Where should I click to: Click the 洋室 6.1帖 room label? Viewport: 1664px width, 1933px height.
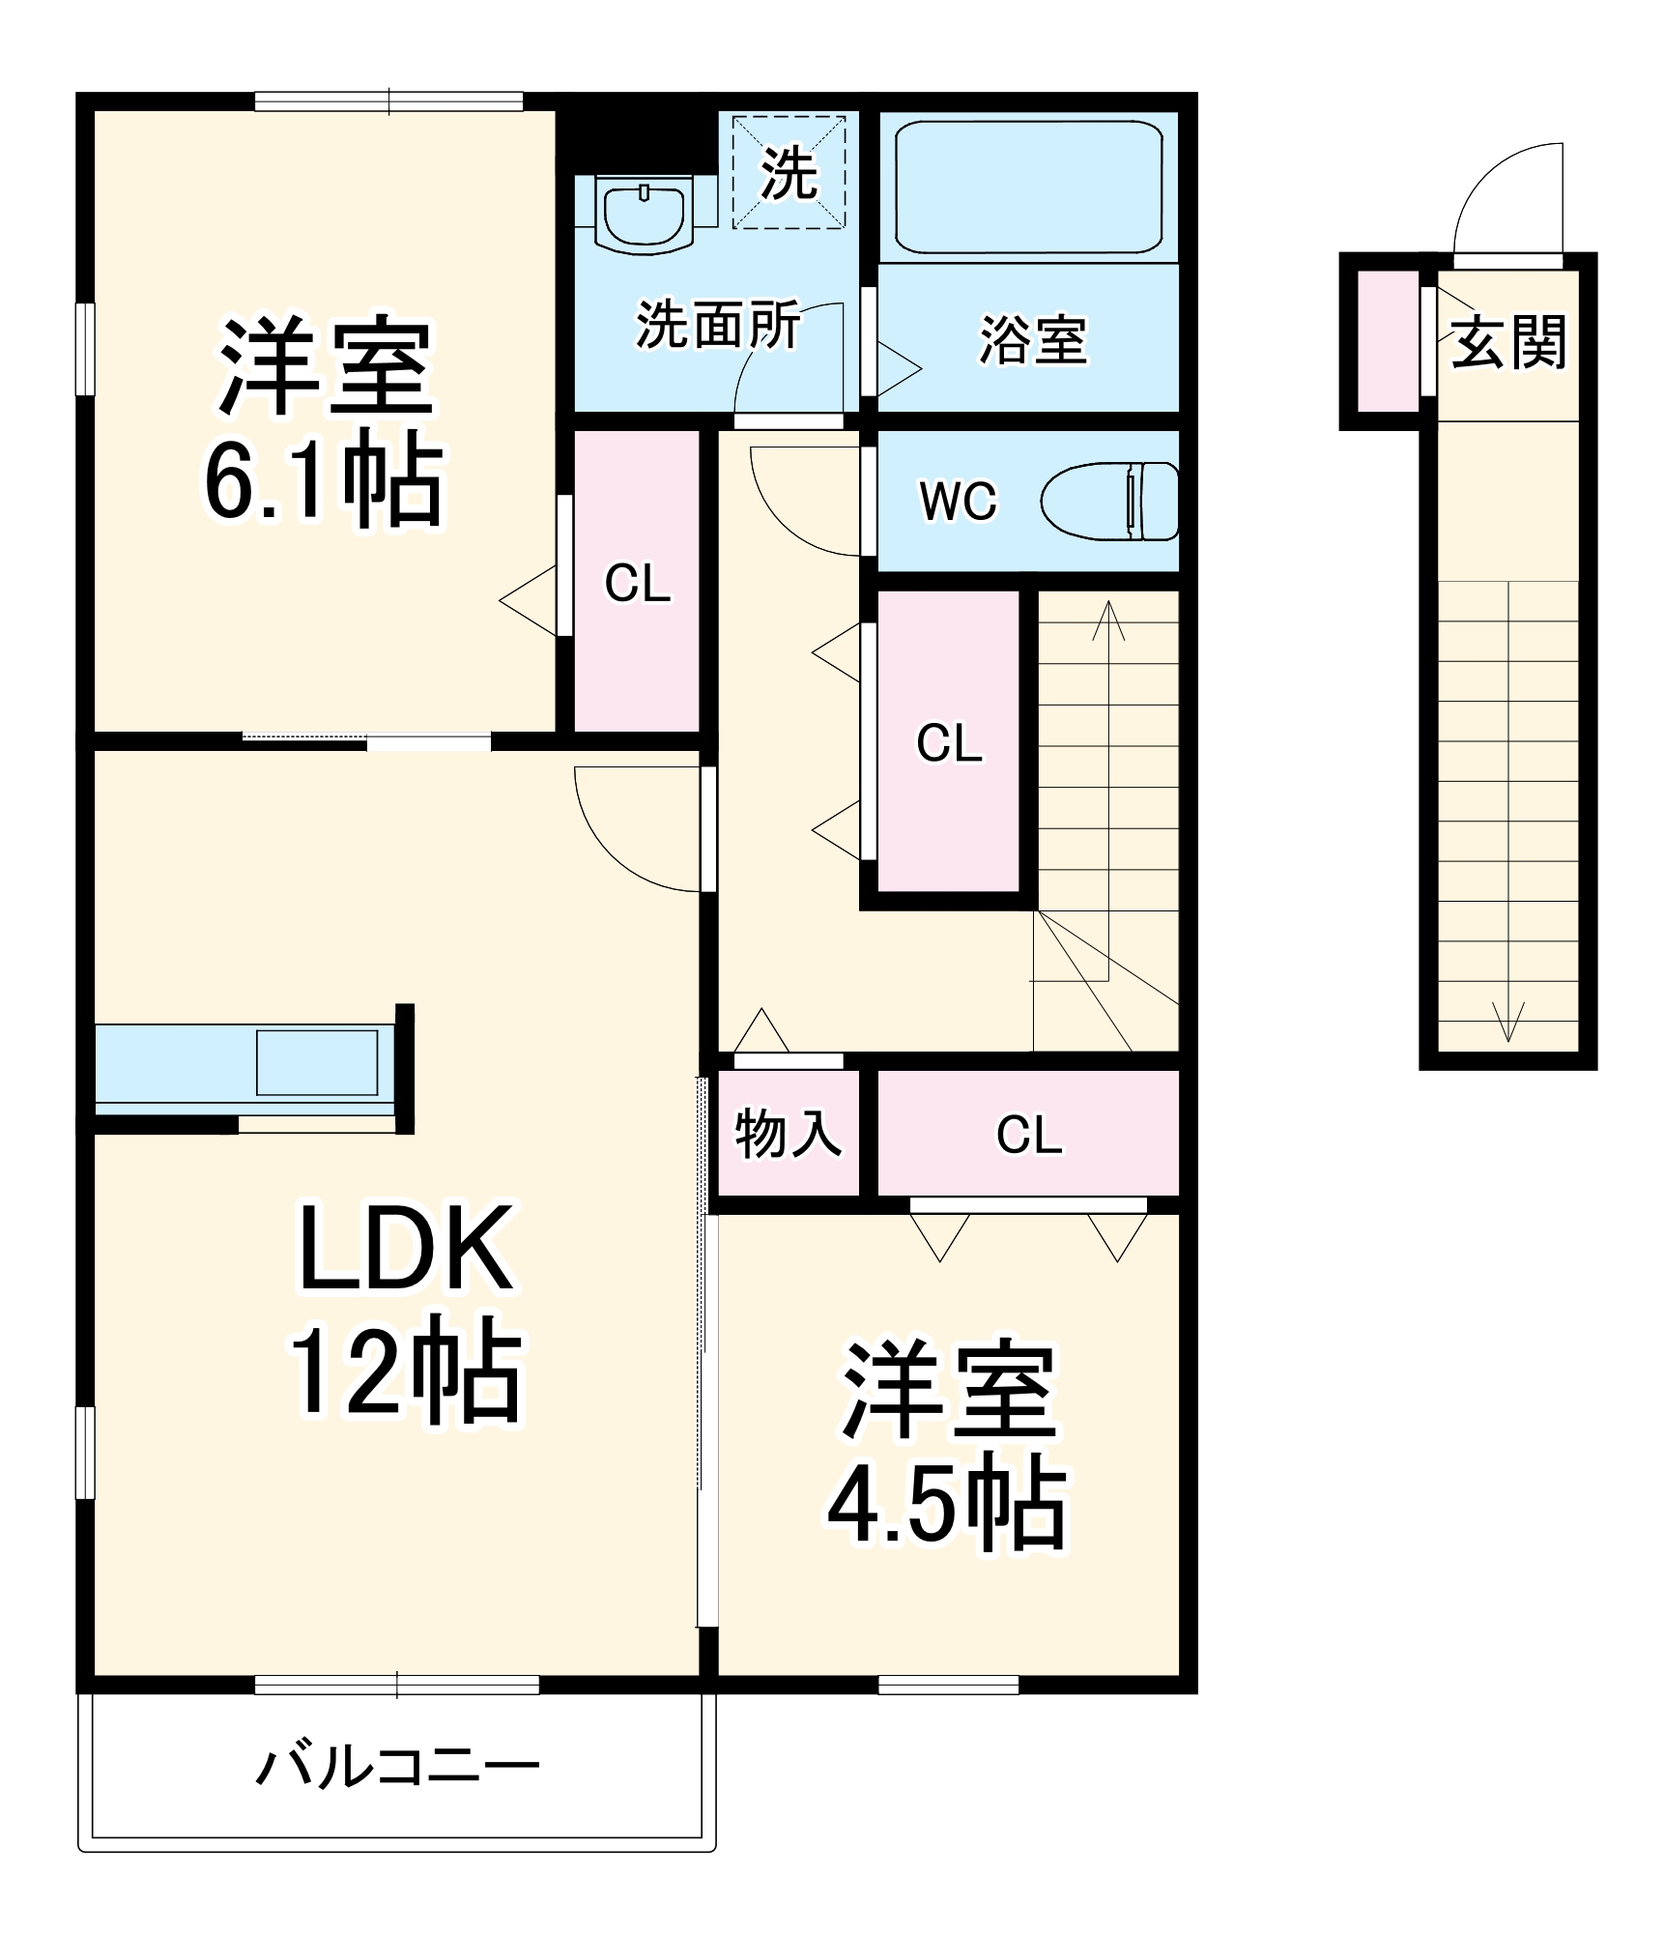[324, 420]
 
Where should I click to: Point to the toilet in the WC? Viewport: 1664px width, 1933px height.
[1111, 501]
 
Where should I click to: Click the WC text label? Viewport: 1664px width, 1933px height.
[957, 501]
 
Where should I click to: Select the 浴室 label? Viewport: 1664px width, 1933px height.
[1033, 340]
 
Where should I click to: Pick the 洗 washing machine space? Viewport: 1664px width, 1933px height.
[789, 173]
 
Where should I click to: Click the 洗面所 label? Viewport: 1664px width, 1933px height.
[717, 325]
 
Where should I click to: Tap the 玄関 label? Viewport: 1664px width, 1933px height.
[1508, 341]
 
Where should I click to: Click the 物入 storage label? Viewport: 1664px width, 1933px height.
[788, 1133]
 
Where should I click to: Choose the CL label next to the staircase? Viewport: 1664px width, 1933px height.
[949, 743]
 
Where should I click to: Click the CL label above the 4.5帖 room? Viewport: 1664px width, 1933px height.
[1028, 1135]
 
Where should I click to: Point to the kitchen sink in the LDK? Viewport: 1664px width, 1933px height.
[316, 1062]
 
